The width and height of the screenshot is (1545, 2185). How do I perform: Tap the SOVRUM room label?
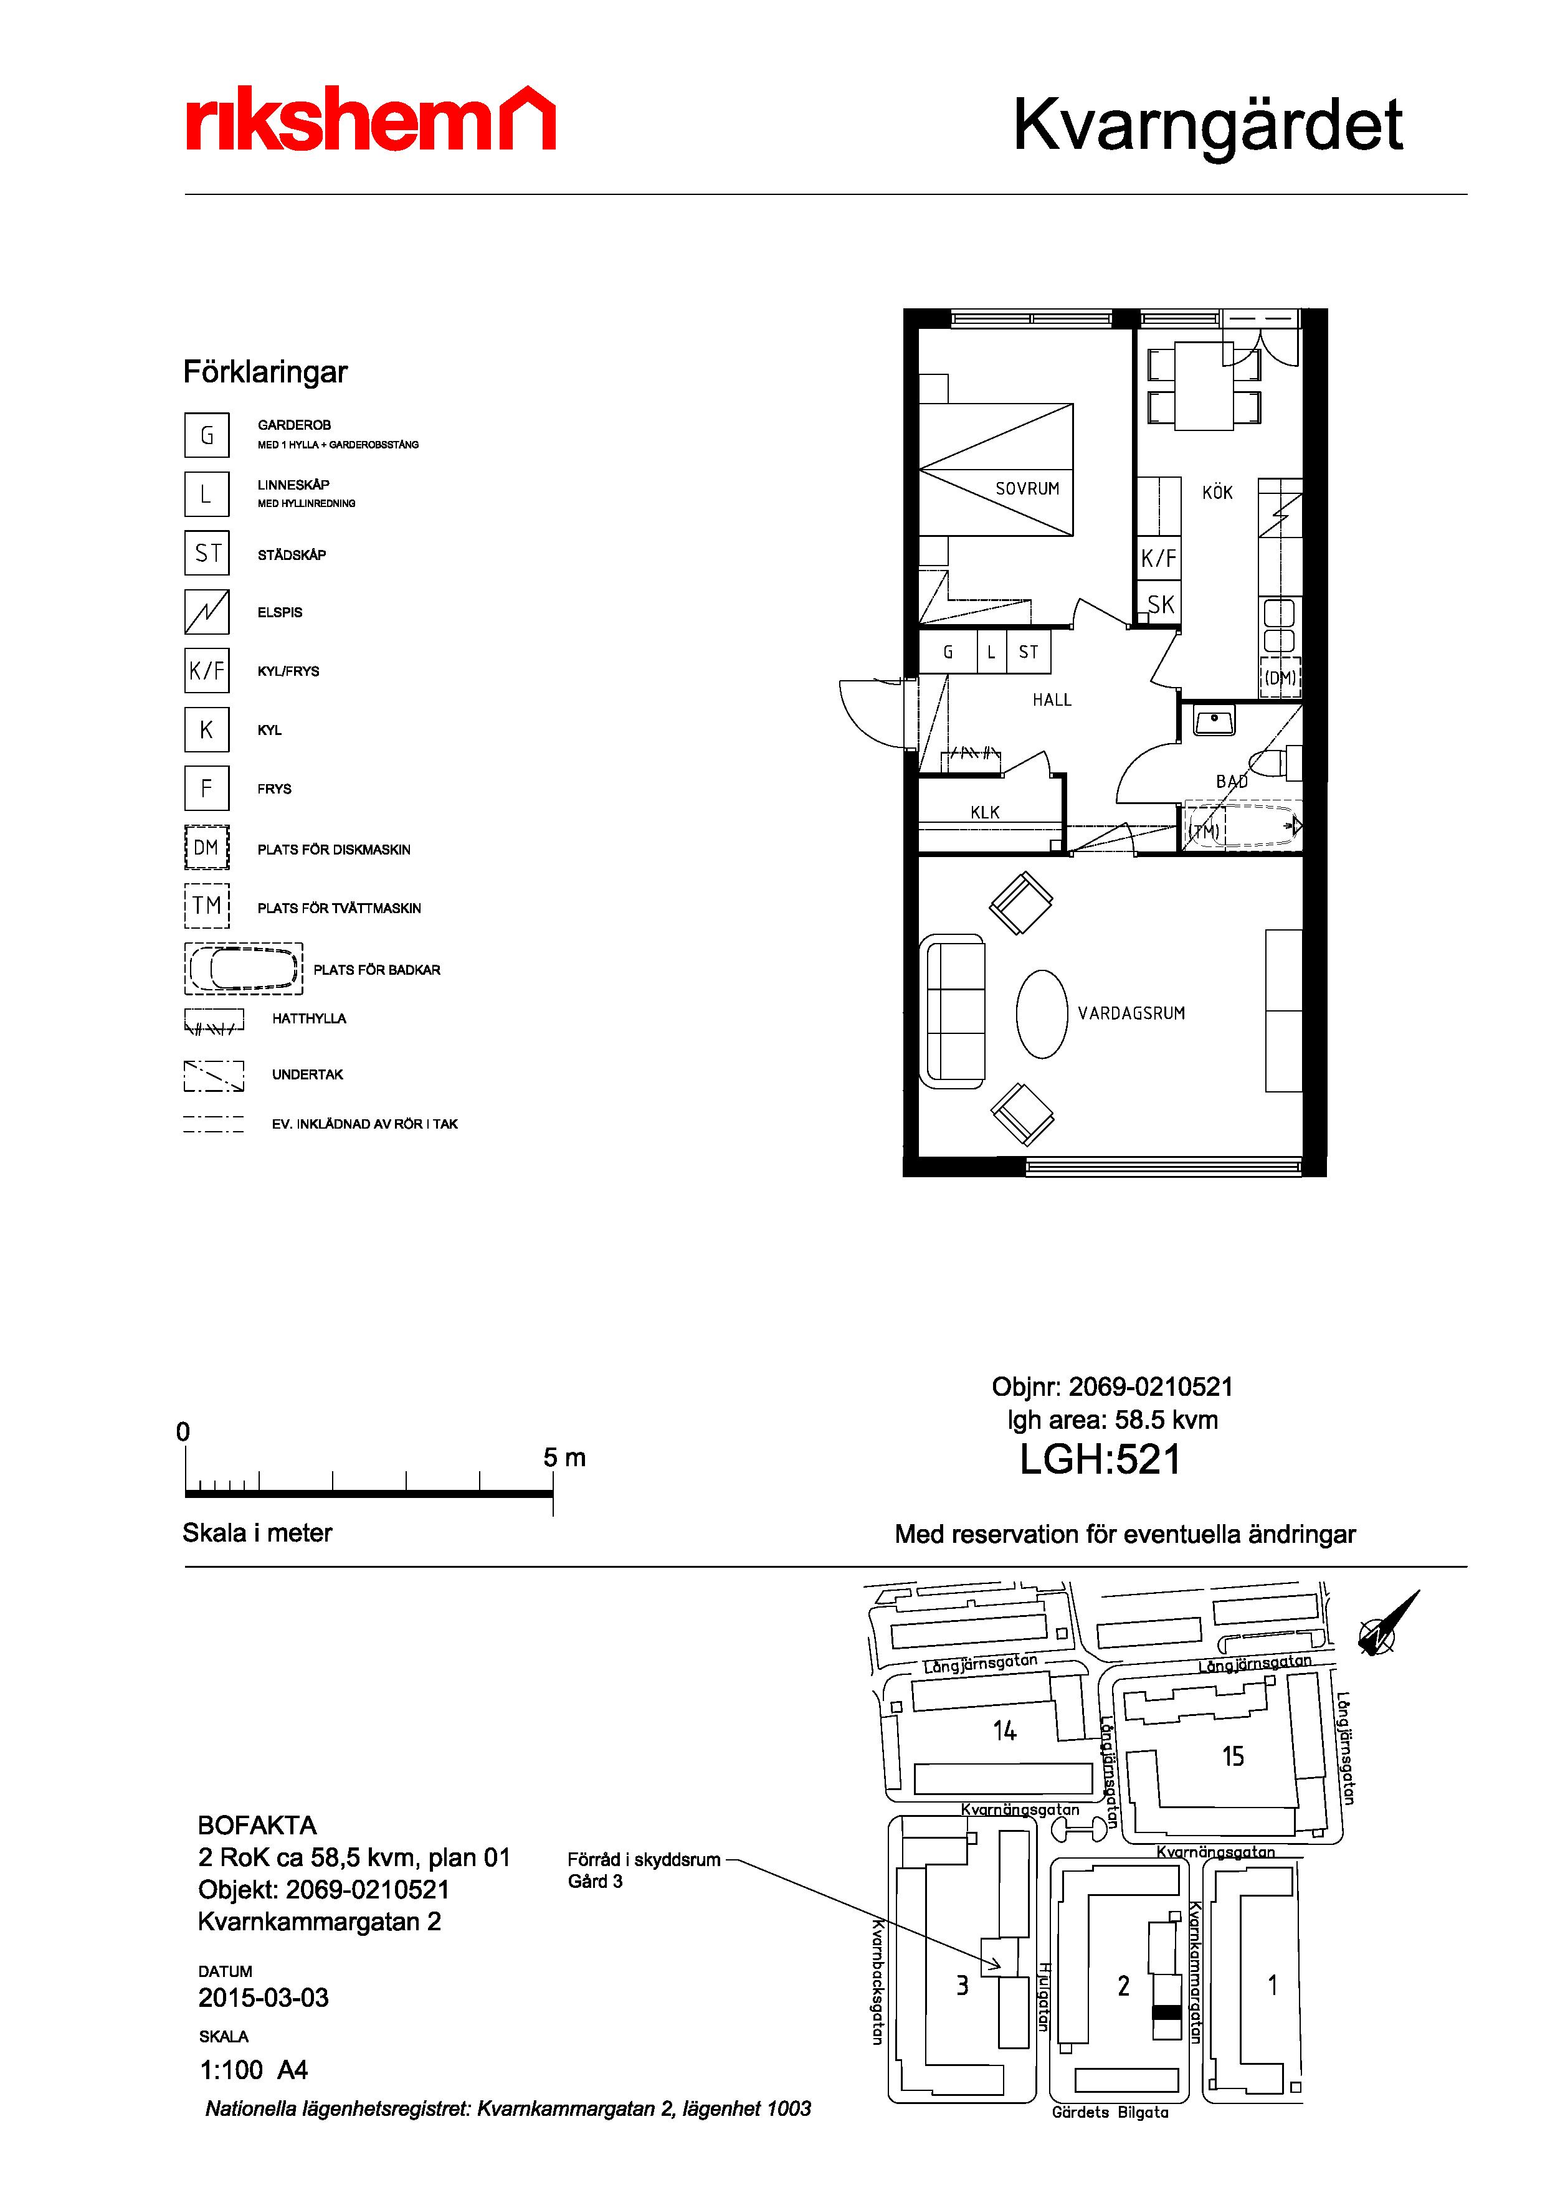point(1027,489)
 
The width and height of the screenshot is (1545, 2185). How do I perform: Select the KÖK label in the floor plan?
point(1217,492)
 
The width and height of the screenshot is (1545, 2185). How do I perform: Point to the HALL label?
point(1052,699)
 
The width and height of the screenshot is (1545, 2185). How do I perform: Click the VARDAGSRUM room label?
point(1131,1013)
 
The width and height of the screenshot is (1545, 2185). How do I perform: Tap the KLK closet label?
point(986,812)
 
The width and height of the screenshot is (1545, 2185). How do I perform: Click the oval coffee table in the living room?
point(1042,1013)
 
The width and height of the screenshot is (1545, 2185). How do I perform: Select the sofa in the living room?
point(952,1011)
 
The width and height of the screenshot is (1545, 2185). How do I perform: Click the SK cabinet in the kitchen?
point(1159,604)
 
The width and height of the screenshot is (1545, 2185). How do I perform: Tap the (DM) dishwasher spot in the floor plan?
point(1280,678)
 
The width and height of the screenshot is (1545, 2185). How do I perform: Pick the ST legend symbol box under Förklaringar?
point(207,553)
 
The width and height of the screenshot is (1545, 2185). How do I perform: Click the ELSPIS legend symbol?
point(207,612)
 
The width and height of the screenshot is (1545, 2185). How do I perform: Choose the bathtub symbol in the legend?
point(244,969)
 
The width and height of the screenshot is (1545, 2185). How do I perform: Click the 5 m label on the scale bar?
point(564,1457)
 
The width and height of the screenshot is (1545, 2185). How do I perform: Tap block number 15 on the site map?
point(1233,1756)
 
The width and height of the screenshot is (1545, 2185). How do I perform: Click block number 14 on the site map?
point(1004,1730)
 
